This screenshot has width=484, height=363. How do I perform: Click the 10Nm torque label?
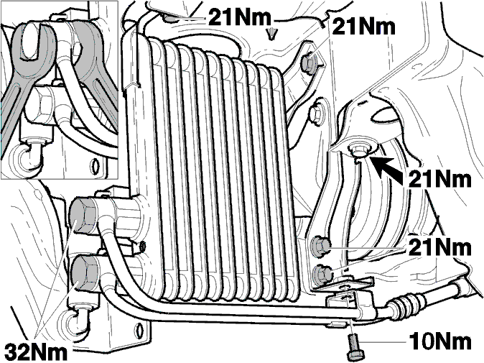point(440,342)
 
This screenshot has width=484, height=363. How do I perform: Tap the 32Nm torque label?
point(37,351)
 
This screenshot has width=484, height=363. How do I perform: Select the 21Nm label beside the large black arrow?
point(440,179)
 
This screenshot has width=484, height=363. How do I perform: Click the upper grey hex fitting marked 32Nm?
point(83,216)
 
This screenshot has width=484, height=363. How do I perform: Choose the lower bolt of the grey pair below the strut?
point(322,274)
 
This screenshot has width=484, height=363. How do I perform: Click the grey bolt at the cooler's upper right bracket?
point(309,63)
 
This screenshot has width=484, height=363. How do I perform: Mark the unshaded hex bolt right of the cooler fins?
point(316,114)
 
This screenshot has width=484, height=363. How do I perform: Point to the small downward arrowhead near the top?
point(271,33)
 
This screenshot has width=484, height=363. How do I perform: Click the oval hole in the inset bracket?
point(96,165)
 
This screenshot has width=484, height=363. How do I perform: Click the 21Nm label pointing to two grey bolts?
point(440,248)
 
